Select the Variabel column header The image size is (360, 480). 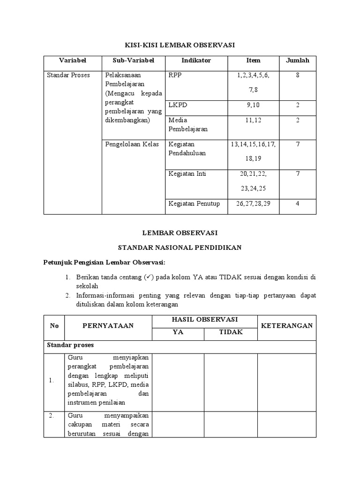tap(73, 60)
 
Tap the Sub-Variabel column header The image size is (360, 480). tap(133, 60)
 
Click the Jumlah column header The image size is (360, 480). tap(298, 60)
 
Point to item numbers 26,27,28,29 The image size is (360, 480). tap(253, 203)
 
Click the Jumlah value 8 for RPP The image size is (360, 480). tap(298, 75)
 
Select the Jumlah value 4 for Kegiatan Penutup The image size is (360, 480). tap(298, 203)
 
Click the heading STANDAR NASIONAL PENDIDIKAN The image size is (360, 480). tap(180, 247)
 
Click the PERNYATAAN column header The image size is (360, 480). tap(108, 325)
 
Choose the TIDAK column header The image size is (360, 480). tap(231, 332)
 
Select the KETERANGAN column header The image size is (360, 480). tap(286, 325)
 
